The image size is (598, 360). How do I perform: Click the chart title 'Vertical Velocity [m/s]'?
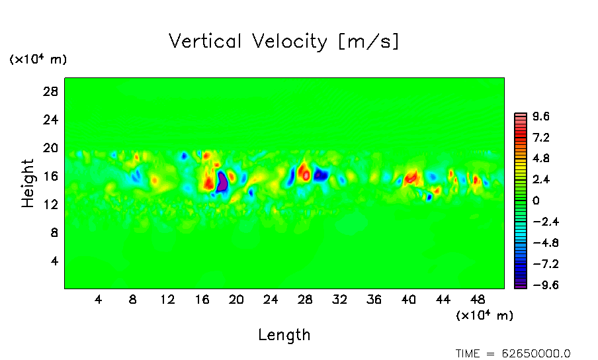coord(284,42)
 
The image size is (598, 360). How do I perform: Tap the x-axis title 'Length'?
coord(284,335)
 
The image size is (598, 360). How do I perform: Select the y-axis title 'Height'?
coord(28,183)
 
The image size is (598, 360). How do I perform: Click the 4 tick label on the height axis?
coord(56,261)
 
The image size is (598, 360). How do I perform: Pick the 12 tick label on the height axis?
coord(52,204)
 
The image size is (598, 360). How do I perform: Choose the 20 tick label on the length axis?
coord(236,299)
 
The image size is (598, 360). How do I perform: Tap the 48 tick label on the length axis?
coord(478,299)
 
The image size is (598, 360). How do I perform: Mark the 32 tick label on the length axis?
coord(339,299)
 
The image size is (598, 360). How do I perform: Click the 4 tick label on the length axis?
coord(99,299)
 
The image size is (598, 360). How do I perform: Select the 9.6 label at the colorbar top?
coord(541,117)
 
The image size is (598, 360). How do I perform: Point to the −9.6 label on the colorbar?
coord(540,286)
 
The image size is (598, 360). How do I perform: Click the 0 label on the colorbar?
coord(536,201)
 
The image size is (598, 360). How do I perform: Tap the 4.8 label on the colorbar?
coord(541,159)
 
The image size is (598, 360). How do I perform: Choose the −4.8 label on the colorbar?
coord(540,244)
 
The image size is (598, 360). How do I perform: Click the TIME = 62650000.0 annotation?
coord(513,353)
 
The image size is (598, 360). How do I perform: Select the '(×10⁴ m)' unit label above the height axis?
coord(38,60)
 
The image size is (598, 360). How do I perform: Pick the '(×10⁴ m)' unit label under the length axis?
coord(484,316)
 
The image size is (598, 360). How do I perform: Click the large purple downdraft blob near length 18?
coord(222,181)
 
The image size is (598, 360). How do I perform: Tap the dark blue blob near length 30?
coord(321,175)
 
